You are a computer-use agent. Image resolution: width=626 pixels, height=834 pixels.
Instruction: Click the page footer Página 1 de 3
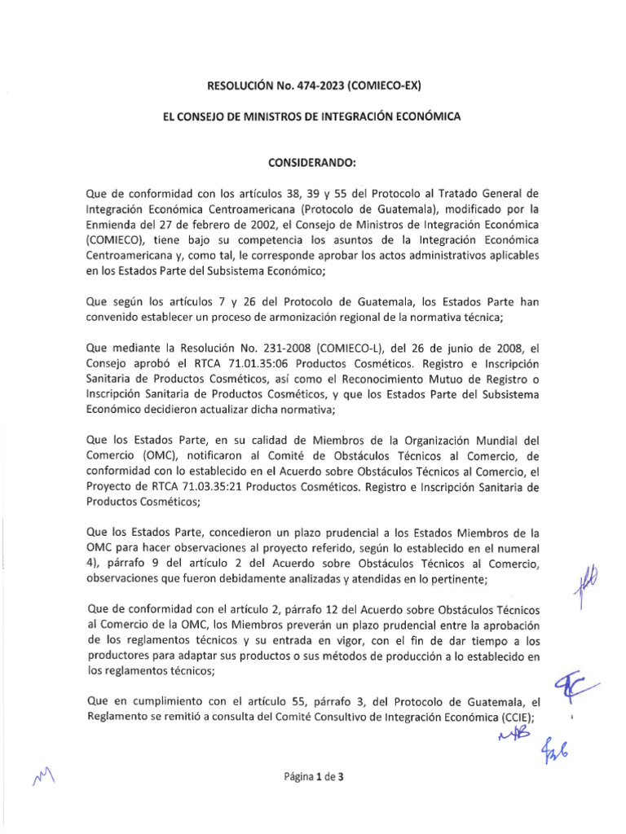pos(313,777)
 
